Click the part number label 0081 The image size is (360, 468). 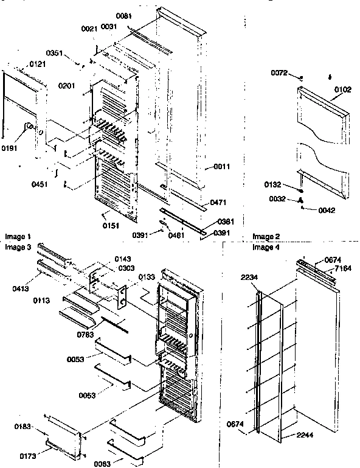(x=124, y=17)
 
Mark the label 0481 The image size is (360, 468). (x=178, y=234)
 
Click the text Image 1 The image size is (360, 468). (x=18, y=236)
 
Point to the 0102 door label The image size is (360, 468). (x=342, y=90)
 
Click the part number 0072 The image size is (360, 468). (x=279, y=74)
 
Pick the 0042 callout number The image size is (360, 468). (x=326, y=211)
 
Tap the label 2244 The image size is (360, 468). (x=307, y=436)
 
